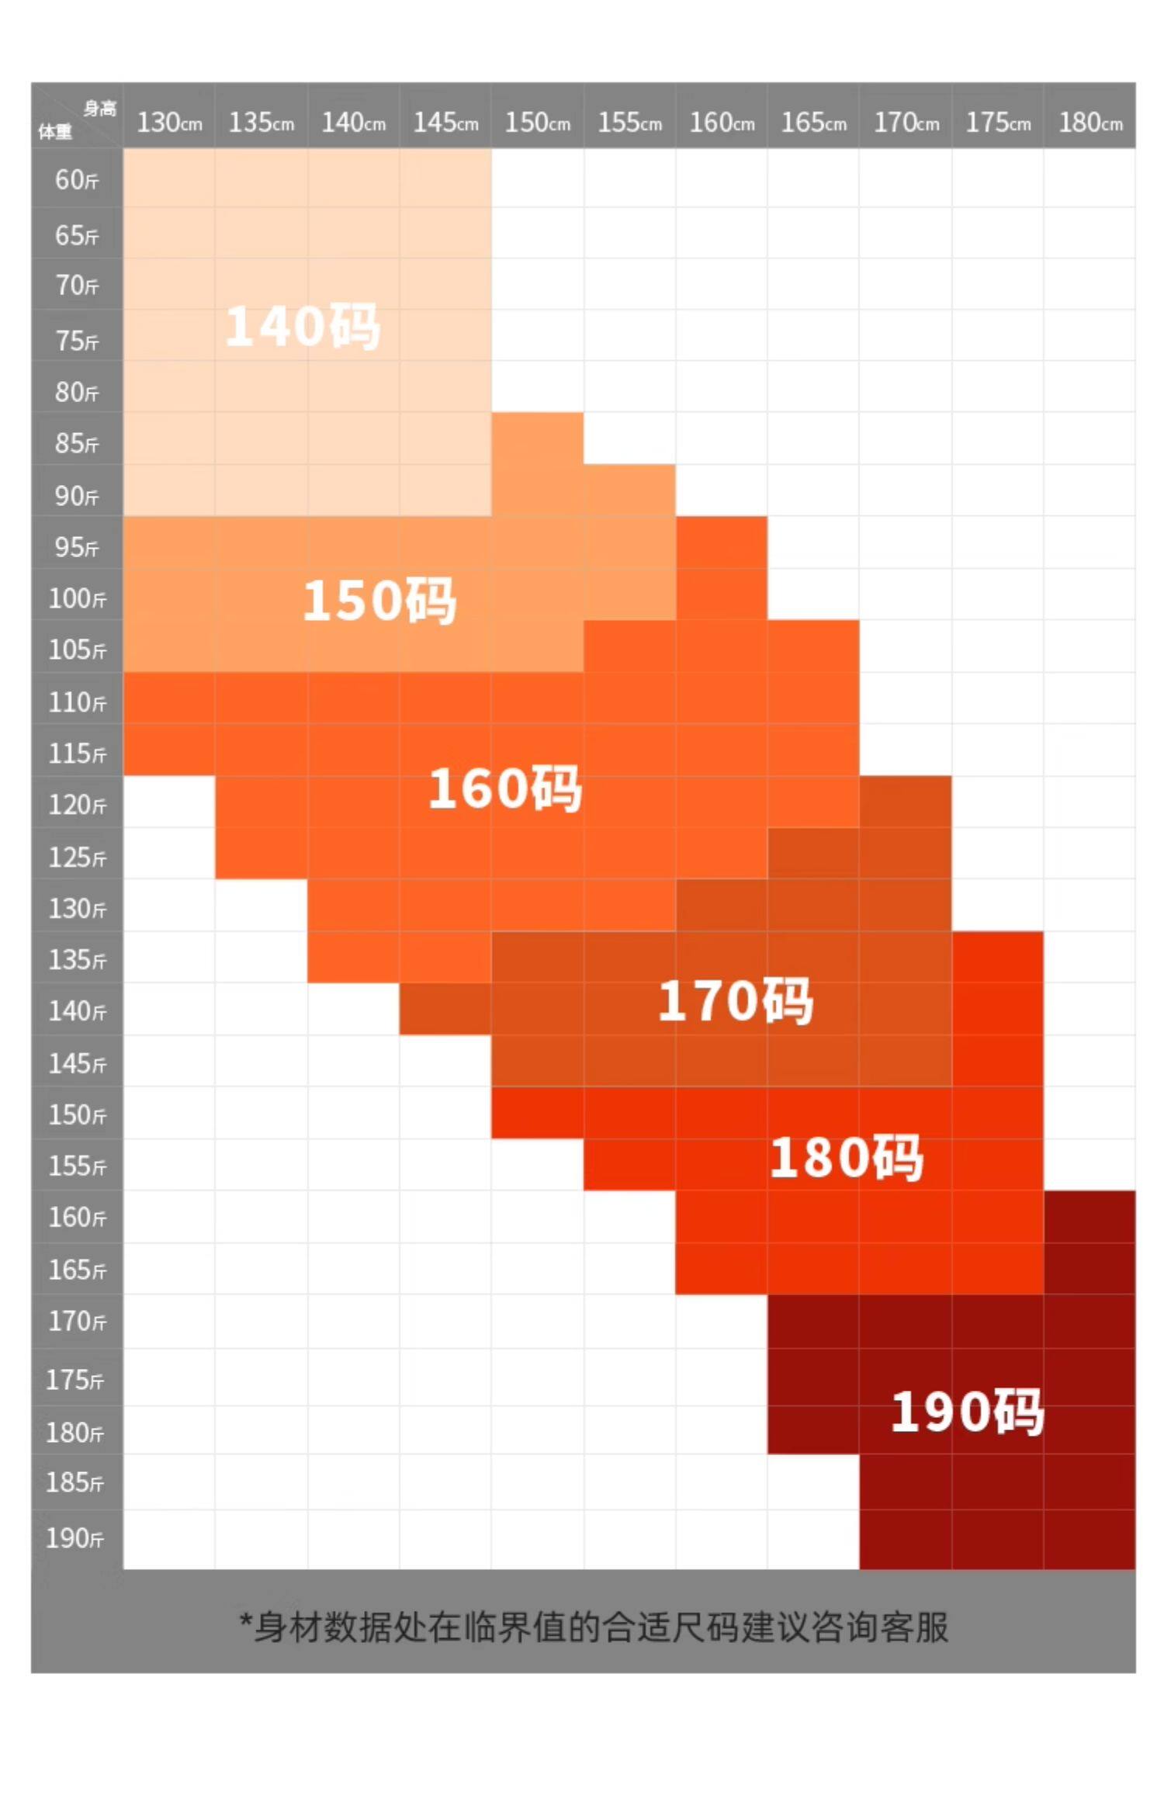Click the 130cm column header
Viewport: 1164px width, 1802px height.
tap(169, 122)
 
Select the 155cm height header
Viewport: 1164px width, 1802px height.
tap(629, 122)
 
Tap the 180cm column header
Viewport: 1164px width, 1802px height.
tap(1090, 122)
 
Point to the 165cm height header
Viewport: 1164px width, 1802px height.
tap(813, 122)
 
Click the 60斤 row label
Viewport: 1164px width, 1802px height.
tap(77, 180)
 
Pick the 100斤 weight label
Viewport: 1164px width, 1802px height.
tap(77, 598)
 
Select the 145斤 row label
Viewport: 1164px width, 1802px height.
tap(77, 1063)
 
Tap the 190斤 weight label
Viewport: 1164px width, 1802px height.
tap(75, 1537)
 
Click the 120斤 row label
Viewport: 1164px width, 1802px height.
tap(77, 805)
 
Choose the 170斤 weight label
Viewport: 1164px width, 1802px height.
tap(77, 1321)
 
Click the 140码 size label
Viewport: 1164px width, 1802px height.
tap(303, 326)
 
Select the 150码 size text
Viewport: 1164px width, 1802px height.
tap(379, 601)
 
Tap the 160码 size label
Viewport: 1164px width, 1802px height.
tap(505, 788)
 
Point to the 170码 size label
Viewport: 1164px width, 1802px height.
tap(736, 1000)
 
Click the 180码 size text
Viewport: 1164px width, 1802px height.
tap(847, 1157)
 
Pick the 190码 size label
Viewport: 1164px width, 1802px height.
tap(967, 1411)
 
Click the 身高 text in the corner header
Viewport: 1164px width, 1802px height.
tap(99, 109)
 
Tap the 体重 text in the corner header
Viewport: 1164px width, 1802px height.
tap(55, 132)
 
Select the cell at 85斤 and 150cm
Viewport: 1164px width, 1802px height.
tap(537, 438)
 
